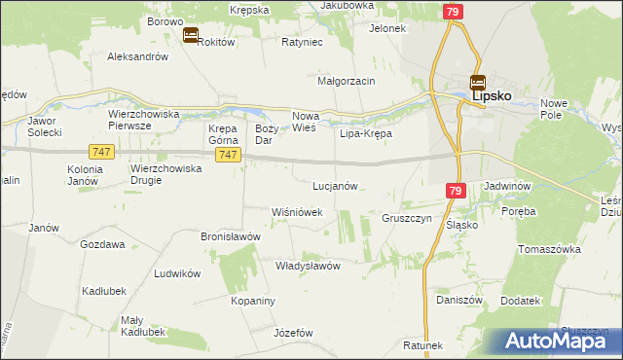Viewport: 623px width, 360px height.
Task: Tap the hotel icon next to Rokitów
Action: (191, 36)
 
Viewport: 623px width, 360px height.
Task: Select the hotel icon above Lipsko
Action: (477, 83)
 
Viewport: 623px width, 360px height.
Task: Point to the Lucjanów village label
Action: (336, 185)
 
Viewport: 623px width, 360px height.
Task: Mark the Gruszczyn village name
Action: (407, 219)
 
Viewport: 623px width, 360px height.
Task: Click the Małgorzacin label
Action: (347, 81)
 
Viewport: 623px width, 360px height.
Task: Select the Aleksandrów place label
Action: (138, 56)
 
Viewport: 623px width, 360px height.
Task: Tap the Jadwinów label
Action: (505, 185)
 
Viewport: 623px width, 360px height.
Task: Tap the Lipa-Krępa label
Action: (365, 133)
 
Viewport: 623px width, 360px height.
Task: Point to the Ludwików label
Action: (177, 273)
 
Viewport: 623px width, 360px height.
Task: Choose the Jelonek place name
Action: (386, 28)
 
